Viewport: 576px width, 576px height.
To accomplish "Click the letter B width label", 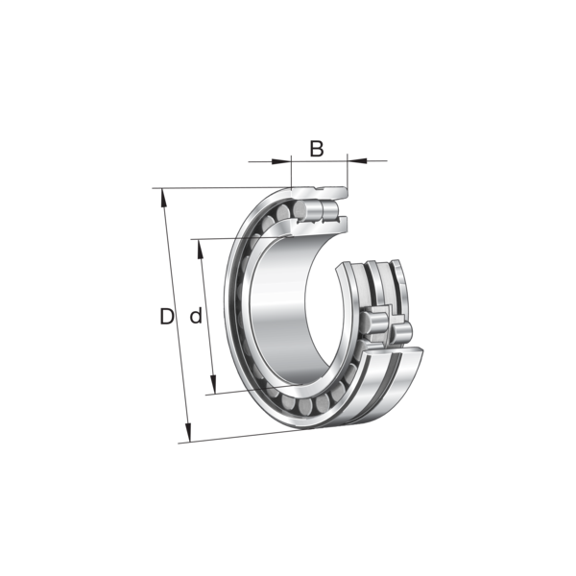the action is [317, 149].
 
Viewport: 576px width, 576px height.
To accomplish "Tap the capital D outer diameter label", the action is [167, 316].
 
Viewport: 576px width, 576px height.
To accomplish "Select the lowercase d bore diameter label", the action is [196, 316].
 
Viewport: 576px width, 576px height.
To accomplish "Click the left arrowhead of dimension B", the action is [279, 161].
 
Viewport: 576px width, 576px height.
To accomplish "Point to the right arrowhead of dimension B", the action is [357, 160].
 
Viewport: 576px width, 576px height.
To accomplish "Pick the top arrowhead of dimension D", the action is [163, 199].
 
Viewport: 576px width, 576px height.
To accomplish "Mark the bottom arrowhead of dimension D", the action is [188, 432].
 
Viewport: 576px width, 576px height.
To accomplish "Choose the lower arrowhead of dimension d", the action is [213, 384].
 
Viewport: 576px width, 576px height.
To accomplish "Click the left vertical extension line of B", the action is [291, 172].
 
